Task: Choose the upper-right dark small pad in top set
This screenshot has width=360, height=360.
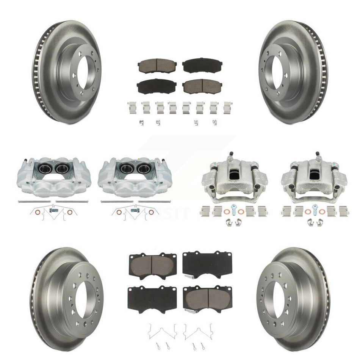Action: pos(202,66)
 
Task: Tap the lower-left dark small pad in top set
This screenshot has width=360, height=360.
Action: pos(154,86)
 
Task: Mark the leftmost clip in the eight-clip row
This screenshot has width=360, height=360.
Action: pos(133,108)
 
